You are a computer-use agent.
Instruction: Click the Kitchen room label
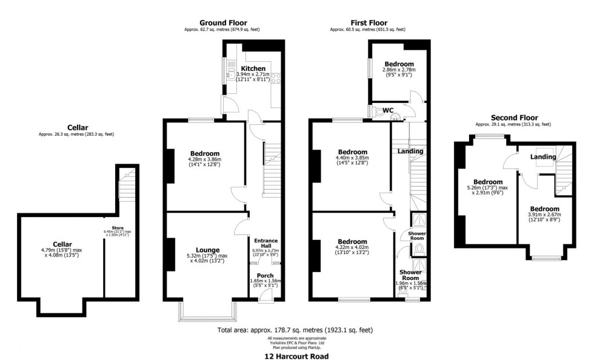point(253,68)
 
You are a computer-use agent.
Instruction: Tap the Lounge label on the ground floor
point(207,250)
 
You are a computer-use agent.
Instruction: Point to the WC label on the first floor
point(389,110)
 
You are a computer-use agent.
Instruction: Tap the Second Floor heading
point(513,118)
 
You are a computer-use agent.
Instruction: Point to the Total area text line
point(295,330)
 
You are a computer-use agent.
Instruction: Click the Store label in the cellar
point(109,227)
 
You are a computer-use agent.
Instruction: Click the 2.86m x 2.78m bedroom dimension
point(399,71)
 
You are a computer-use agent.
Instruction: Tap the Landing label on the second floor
point(542,157)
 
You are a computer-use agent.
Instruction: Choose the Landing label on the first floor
point(410,151)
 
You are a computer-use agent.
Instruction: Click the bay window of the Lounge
point(207,312)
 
